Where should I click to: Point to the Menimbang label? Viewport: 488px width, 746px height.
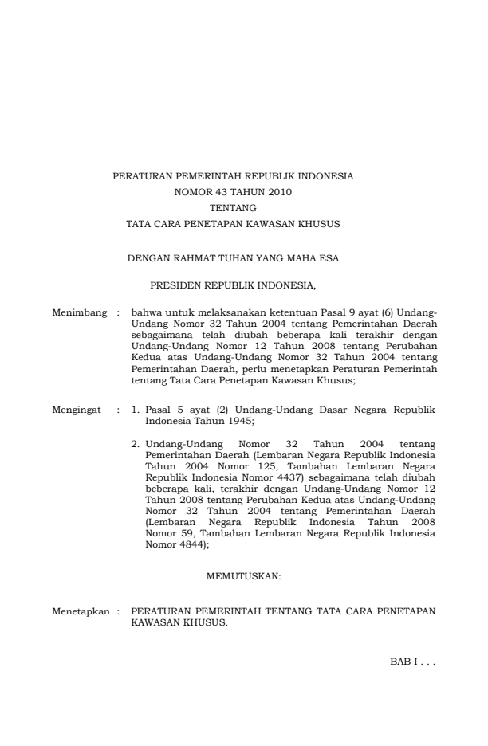(x=80, y=312)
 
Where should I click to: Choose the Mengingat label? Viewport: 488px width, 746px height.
(x=77, y=409)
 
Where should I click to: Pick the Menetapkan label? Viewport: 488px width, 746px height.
(x=80, y=614)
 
